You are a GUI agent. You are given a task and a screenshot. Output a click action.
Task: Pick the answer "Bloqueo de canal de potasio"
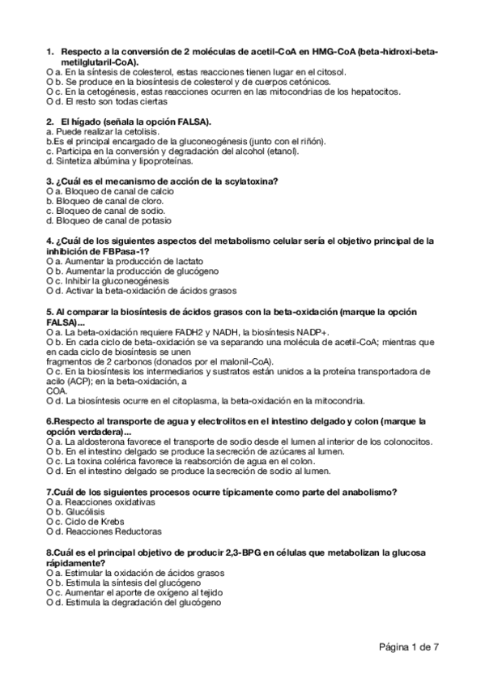[108, 220]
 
